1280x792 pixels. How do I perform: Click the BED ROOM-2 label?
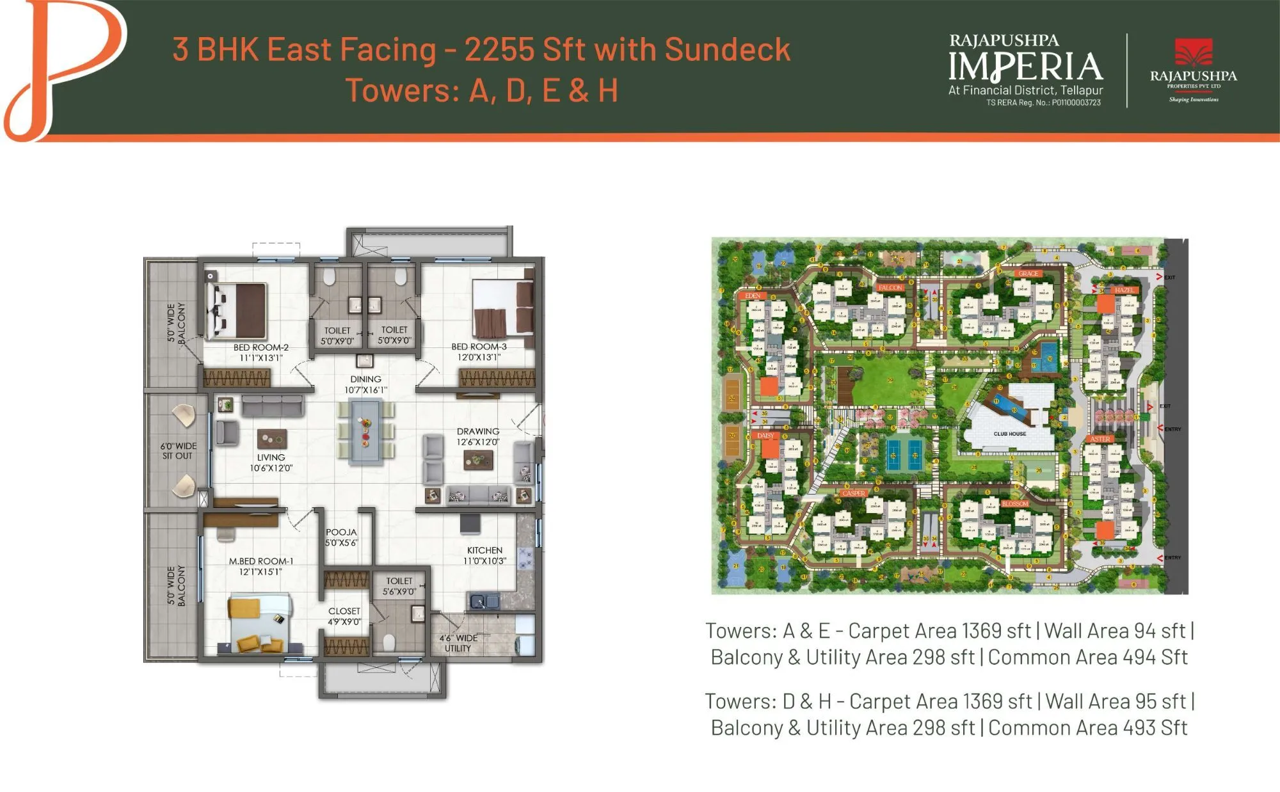point(260,347)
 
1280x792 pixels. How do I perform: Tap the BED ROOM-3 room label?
point(479,347)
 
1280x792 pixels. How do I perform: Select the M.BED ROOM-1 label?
point(261,561)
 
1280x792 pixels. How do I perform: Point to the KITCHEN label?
point(484,550)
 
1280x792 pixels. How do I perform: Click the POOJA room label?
point(341,532)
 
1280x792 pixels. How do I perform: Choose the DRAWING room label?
point(477,431)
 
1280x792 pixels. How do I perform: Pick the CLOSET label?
point(344,611)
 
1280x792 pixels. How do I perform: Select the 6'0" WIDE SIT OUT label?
point(179,450)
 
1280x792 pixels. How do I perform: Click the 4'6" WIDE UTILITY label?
point(458,643)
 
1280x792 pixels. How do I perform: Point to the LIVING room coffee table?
point(272,439)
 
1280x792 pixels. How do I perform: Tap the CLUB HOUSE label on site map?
point(1009,434)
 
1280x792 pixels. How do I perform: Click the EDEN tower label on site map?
point(753,296)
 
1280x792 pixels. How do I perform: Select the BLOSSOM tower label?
point(1015,504)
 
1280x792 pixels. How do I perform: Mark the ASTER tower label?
point(1100,439)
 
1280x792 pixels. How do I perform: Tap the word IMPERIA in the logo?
point(1025,67)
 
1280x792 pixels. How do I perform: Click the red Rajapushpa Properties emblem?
point(1194,53)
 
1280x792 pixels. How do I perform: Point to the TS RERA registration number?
point(1043,102)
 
